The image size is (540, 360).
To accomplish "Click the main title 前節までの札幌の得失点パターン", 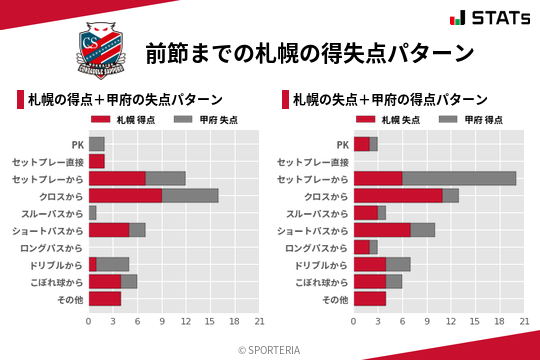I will pos(308,51).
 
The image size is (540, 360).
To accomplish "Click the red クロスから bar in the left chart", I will pos(125,195).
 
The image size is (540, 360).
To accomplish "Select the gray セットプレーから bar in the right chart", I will pos(459,178).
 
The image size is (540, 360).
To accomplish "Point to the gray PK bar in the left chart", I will pos(96,144).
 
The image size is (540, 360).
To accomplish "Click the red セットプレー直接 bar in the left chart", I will pos(96,161).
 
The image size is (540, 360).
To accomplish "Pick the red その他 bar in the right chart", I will pos(370,298).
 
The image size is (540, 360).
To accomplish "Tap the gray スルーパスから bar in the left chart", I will pos(92,213).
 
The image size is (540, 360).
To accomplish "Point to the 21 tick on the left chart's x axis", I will pos(259,321).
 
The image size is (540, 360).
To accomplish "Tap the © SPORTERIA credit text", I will pos(270,349).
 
